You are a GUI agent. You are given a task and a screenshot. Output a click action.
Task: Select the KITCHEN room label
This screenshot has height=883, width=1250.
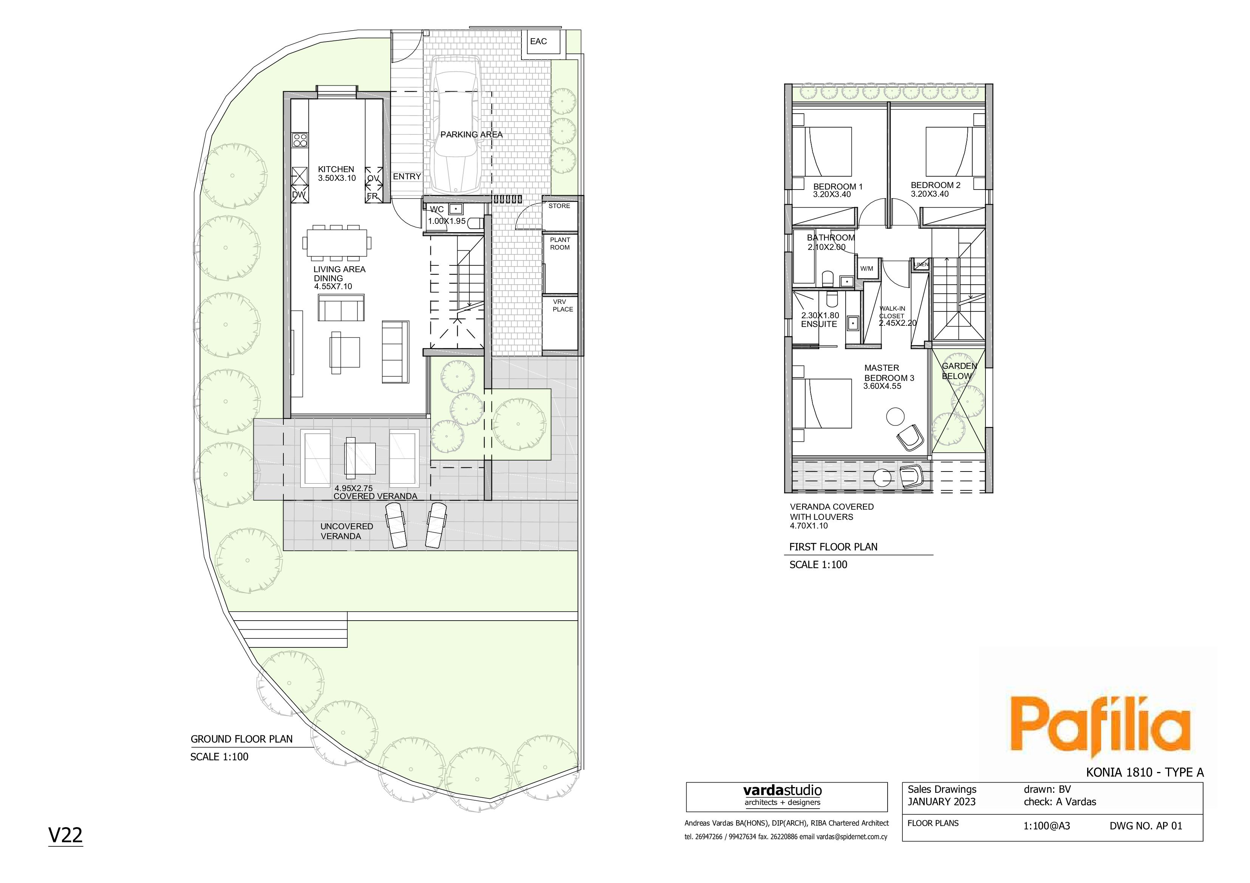coord(336,169)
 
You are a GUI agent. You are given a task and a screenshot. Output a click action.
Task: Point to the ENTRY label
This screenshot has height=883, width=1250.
coord(407,177)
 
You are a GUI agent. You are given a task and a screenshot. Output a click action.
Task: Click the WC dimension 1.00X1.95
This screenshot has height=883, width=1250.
coord(446,222)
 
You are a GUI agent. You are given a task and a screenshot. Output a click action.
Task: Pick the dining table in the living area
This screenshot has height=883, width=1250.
coord(338,242)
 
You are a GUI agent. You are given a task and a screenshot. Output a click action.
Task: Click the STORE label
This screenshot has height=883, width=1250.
coord(559,206)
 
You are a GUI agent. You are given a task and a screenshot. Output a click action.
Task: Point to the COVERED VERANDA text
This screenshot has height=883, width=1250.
coord(375,496)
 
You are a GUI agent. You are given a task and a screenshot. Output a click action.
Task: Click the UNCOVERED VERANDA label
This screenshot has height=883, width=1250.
coord(346,531)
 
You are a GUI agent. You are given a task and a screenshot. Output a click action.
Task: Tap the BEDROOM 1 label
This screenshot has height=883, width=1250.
coord(838,186)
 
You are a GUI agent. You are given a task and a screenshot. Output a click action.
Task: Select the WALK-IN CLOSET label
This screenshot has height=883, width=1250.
coord(892,312)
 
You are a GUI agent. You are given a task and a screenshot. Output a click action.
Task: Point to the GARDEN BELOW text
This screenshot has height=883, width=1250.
coord(959,371)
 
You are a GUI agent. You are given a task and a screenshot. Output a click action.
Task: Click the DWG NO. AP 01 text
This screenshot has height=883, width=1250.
coord(1146,826)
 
